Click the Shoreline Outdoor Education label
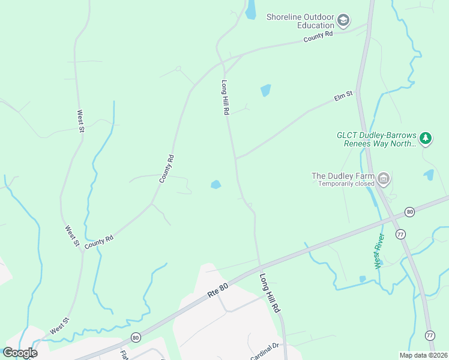point(300,21)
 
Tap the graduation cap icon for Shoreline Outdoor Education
point(343,21)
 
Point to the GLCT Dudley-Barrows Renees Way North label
point(376,140)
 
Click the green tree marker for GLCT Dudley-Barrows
point(426,139)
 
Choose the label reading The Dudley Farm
point(343,176)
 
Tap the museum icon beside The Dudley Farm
point(384,178)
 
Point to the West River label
point(379,251)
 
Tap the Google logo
point(20,353)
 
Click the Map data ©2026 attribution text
point(423,355)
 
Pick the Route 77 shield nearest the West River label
point(400,233)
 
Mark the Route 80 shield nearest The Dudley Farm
point(409,212)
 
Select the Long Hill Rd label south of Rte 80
point(270,292)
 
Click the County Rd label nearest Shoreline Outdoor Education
point(318,37)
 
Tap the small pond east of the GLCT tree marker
point(429,175)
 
